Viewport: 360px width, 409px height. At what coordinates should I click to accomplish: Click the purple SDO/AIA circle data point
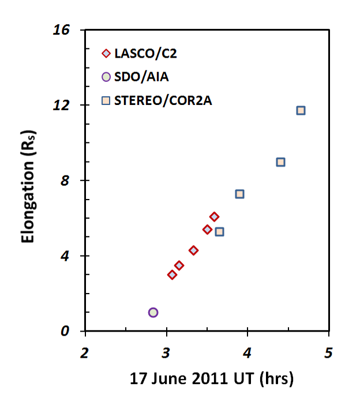click(153, 312)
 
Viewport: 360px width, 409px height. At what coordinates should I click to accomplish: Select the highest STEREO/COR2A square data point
click(301, 110)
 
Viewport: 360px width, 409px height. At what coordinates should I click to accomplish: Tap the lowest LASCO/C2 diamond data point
click(172, 275)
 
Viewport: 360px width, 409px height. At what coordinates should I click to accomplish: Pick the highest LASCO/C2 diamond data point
click(214, 217)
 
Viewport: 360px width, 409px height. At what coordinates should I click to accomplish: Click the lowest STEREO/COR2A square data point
click(219, 232)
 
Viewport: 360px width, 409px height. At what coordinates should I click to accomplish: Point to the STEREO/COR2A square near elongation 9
click(280, 162)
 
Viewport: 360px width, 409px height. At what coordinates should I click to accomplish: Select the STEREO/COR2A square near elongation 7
click(239, 194)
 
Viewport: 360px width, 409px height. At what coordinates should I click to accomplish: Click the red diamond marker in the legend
click(106, 54)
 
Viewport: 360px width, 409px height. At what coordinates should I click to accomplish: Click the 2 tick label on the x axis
click(85, 351)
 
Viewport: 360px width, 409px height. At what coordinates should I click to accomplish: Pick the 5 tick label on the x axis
click(328, 351)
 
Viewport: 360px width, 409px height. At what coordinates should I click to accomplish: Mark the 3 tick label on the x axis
click(166, 351)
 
